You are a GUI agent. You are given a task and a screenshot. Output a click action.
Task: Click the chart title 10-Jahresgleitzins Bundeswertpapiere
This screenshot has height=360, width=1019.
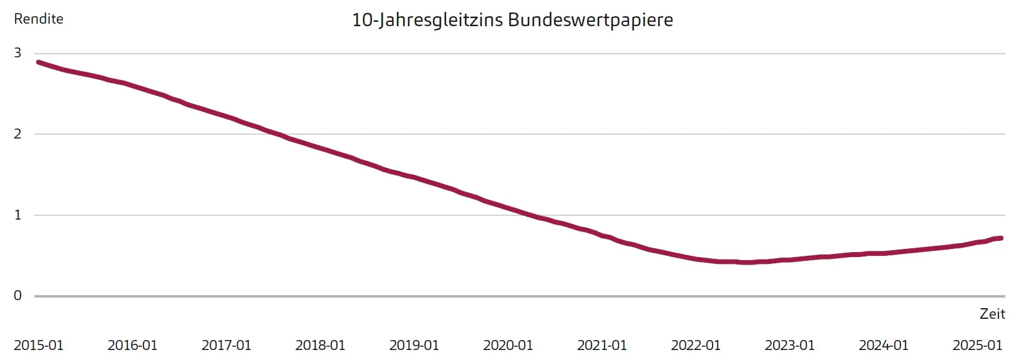[512, 20]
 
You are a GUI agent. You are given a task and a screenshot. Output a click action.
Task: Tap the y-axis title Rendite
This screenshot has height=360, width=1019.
[39, 19]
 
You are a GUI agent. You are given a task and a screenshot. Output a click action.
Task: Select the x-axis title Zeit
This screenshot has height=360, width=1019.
[992, 314]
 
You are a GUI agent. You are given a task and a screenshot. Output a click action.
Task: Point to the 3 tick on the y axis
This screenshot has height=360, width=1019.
[17, 53]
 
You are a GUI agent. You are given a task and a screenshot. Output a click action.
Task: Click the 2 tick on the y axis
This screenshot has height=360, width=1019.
[17, 134]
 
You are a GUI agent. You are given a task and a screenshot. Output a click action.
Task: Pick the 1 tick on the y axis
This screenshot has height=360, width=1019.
[17, 215]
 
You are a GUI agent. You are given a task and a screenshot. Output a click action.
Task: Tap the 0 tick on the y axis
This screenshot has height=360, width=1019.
[17, 295]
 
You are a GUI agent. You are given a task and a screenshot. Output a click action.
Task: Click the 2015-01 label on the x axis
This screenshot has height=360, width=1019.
[39, 345]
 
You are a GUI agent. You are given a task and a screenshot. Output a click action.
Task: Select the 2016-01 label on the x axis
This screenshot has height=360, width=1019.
[132, 345]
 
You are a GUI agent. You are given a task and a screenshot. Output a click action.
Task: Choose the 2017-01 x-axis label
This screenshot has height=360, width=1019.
[226, 345]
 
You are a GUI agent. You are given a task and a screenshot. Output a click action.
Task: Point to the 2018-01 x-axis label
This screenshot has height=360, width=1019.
[320, 345]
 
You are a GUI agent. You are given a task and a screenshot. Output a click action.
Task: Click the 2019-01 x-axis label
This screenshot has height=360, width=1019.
[414, 345]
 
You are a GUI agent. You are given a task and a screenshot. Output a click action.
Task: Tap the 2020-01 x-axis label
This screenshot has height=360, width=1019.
[508, 345]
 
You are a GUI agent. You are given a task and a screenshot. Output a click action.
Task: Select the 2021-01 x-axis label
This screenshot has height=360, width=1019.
[602, 345]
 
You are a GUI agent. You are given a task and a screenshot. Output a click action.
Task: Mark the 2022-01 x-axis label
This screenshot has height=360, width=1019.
[696, 345]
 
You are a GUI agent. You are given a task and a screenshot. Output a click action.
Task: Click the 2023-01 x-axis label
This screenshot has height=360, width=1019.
[789, 345]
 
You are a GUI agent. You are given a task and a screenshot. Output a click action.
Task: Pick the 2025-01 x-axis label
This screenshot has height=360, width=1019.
[977, 345]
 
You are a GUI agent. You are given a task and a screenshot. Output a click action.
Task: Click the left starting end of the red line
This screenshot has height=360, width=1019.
[39, 62]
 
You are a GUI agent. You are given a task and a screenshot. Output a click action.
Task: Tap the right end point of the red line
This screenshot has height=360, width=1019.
[1001, 238]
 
